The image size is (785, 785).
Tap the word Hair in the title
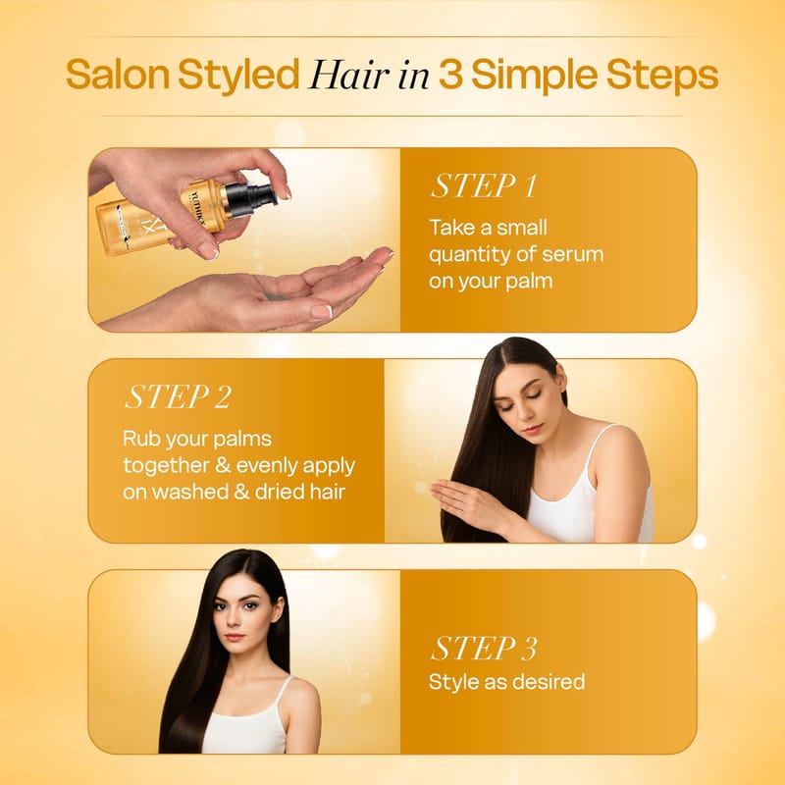click(x=349, y=76)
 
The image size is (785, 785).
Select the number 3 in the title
click(x=450, y=76)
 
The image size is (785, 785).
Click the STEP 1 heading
click(x=484, y=185)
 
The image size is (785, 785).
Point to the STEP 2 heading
click(x=178, y=397)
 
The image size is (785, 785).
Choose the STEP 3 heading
click(x=484, y=648)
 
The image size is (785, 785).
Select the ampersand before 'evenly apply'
click(x=223, y=465)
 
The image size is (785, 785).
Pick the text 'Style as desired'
click(x=506, y=681)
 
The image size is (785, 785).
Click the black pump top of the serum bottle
click(x=251, y=196)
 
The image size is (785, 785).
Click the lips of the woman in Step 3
click(x=235, y=637)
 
